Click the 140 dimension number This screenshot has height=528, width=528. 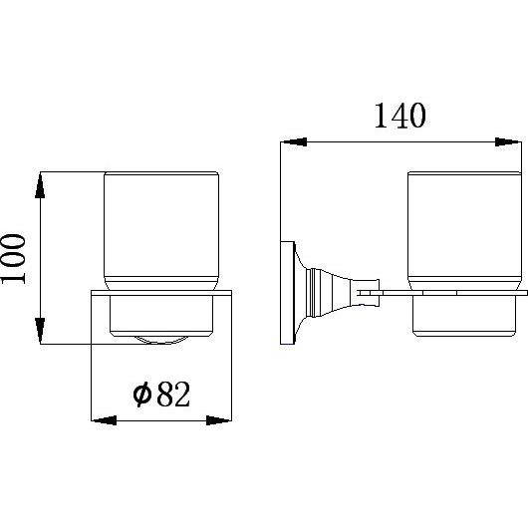click(x=400, y=116)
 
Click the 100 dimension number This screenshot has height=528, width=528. click(x=13, y=259)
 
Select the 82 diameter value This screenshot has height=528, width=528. click(x=173, y=394)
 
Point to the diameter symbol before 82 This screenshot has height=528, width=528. click(x=141, y=394)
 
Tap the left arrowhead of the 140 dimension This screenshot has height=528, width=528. click(x=294, y=141)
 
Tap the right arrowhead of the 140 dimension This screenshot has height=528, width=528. click(x=508, y=141)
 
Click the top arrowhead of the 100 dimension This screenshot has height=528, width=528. click(x=40, y=185)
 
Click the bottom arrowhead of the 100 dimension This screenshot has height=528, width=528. click(x=40, y=331)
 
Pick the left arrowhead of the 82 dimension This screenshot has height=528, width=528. click(x=104, y=420)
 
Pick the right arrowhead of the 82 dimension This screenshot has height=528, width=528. click(x=219, y=420)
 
